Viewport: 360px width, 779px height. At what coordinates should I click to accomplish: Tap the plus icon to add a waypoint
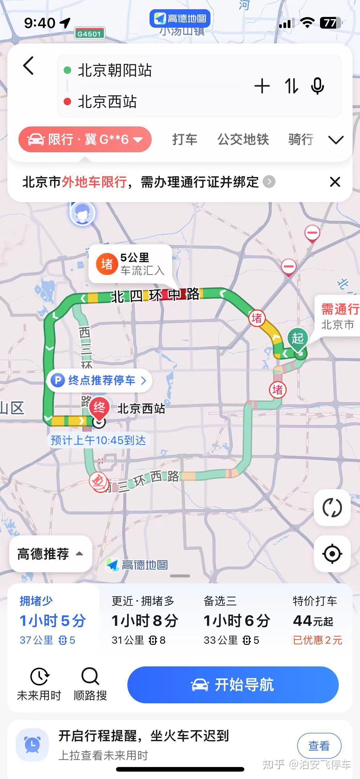[262, 86]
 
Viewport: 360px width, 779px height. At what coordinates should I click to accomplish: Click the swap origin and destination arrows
[291, 86]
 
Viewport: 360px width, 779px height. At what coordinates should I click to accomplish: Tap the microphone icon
[318, 86]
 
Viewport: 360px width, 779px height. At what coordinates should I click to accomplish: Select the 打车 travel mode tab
[185, 139]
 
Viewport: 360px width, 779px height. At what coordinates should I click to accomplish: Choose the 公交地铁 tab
[243, 139]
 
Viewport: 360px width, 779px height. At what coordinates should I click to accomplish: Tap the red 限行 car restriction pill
[85, 139]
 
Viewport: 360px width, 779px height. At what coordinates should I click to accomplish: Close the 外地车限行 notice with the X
[335, 182]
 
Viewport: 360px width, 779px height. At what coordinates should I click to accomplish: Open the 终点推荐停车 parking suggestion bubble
[100, 381]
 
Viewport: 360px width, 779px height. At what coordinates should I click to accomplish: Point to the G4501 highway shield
[89, 34]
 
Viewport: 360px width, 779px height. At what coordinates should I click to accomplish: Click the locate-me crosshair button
[332, 554]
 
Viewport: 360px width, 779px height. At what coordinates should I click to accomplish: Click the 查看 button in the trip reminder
[319, 746]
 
